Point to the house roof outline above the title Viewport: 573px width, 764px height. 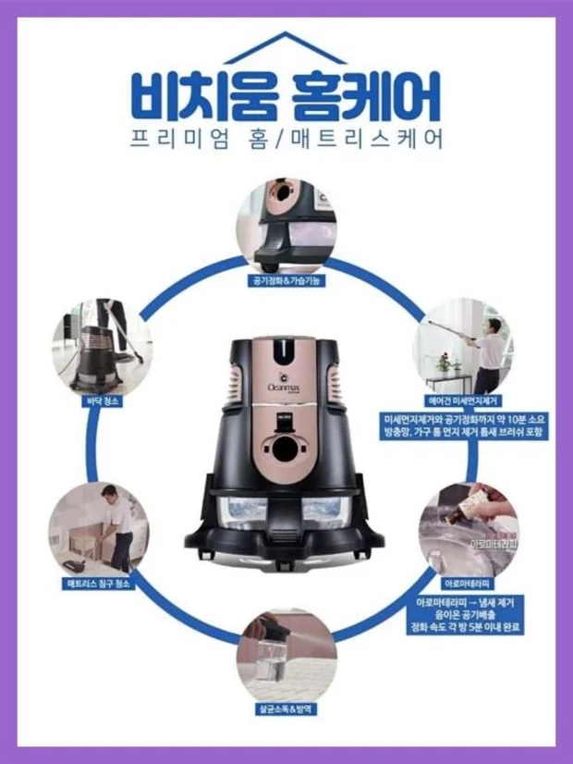click(x=286, y=46)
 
